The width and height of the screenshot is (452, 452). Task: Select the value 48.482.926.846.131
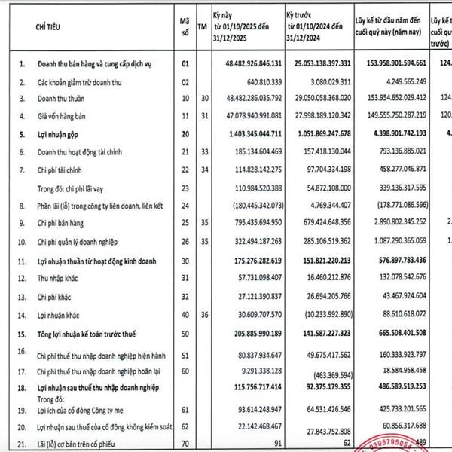240,66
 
